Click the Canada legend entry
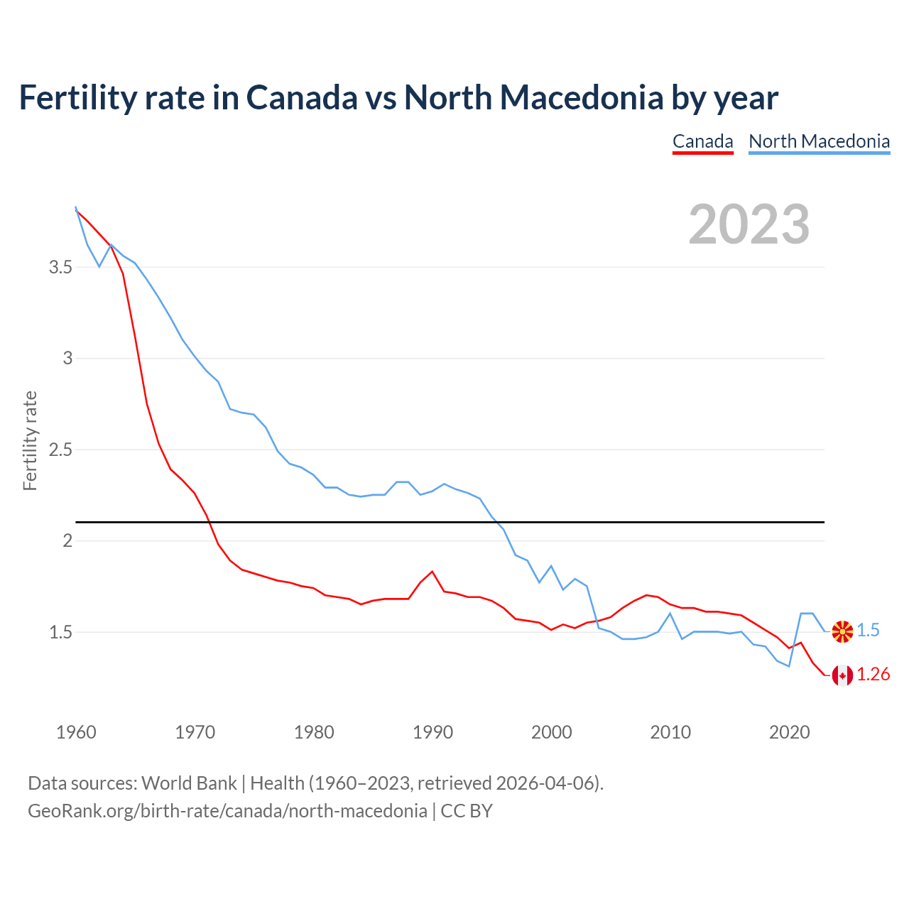click(x=702, y=141)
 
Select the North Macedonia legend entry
click(x=819, y=141)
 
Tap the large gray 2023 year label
click(x=749, y=224)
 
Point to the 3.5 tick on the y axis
click(x=60, y=268)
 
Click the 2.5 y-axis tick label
click(x=60, y=450)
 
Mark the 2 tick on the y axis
click(x=67, y=541)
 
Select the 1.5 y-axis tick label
click(x=60, y=632)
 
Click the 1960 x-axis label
click(x=76, y=732)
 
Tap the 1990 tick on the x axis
click(x=432, y=732)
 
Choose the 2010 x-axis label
click(x=670, y=732)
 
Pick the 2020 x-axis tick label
click(x=789, y=732)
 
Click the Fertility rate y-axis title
click(x=30, y=440)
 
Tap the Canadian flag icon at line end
click(x=842, y=675)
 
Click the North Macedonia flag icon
click(x=842, y=631)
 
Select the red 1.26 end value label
click(x=873, y=675)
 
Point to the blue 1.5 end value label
click(x=868, y=631)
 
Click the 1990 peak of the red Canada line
click(x=432, y=572)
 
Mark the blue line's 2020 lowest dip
click(x=789, y=665)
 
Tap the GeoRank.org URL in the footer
click(x=227, y=811)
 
